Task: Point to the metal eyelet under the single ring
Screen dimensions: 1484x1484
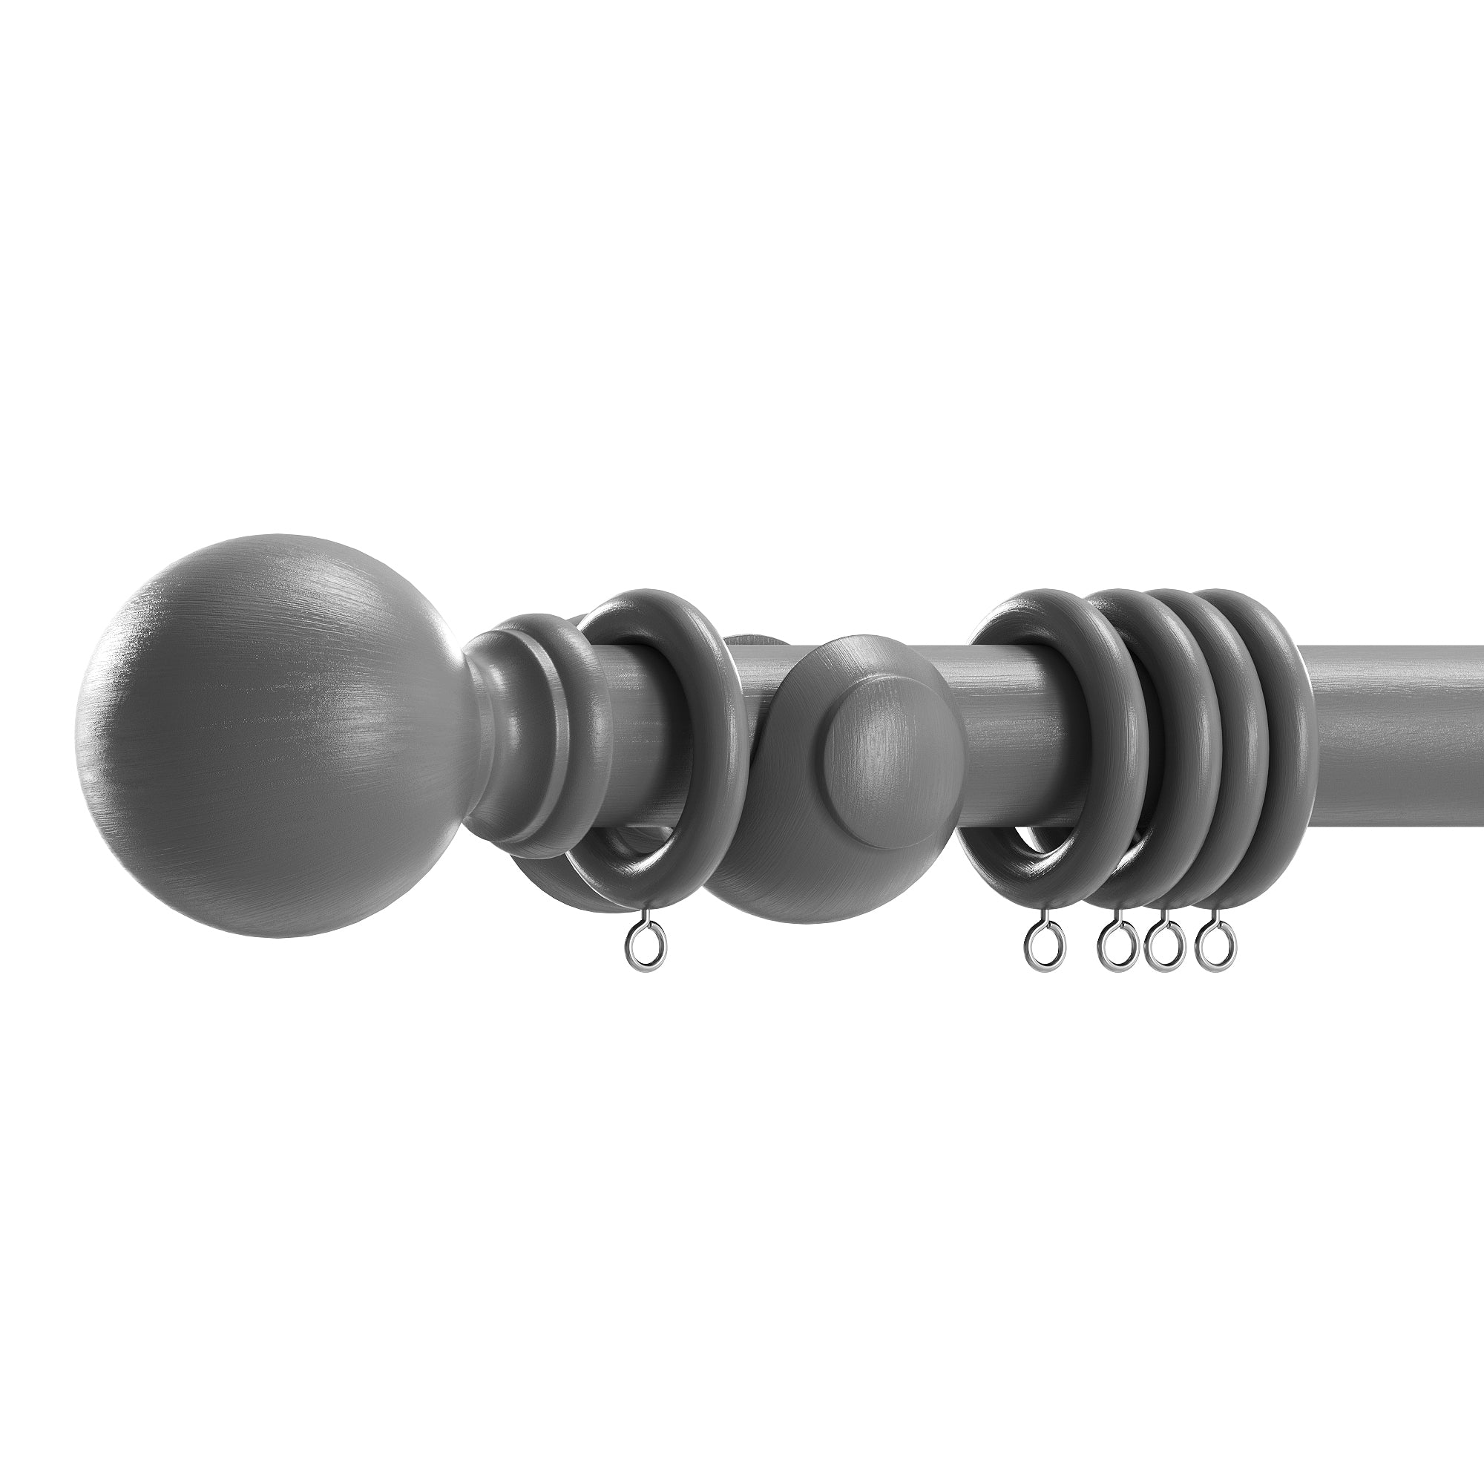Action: [646, 953]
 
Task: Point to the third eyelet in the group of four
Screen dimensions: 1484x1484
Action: [1163, 953]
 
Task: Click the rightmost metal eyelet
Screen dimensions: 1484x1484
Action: [1216, 953]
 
